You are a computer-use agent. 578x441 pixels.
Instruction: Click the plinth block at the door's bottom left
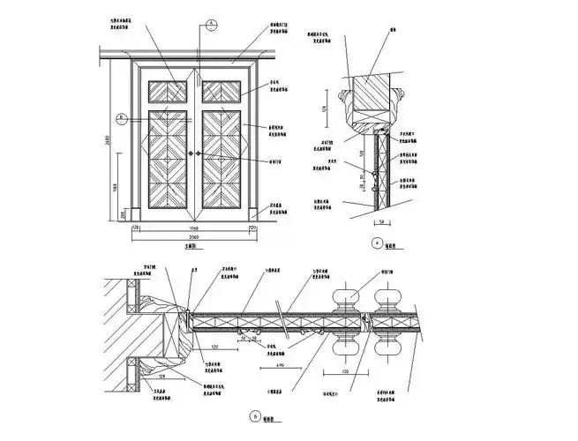pos(135,213)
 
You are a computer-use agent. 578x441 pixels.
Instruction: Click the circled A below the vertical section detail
pos(379,243)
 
